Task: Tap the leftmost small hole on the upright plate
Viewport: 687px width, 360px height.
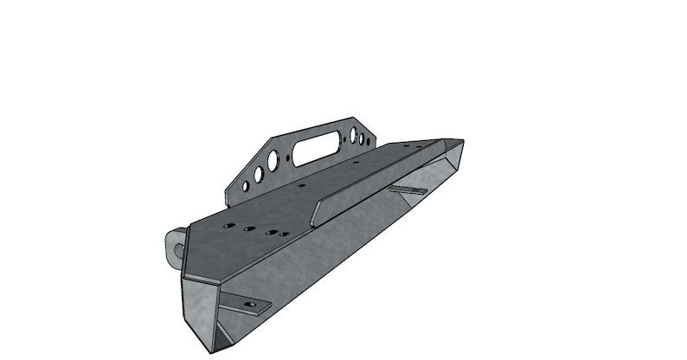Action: (246, 186)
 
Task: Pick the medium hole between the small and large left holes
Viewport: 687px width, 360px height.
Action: (258, 174)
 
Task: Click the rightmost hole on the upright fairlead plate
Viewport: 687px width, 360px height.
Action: (369, 132)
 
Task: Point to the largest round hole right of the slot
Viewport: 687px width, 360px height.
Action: (354, 137)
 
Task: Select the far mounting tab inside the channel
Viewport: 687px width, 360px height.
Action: (407, 190)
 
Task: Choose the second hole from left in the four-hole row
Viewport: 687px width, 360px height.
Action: (248, 228)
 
